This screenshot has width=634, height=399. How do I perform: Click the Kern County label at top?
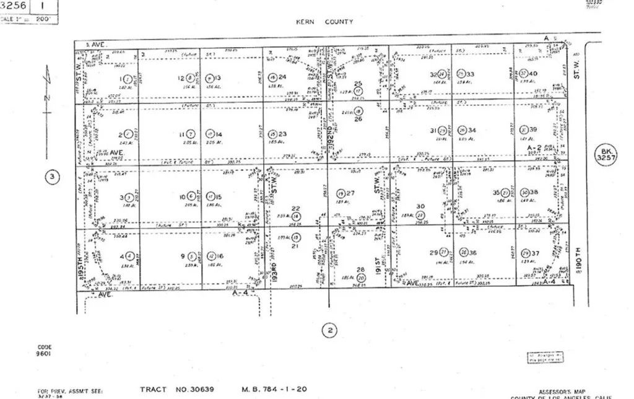pyautogui.click(x=324, y=22)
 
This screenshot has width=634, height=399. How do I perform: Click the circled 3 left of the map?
pyautogui.click(x=53, y=178)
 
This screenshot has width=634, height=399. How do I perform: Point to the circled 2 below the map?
pyautogui.click(x=331, y=331)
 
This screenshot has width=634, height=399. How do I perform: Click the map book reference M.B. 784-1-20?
pyautogui.click(x=274, y=390)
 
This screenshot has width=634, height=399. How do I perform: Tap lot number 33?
pyautogui.click(x=471, y=74)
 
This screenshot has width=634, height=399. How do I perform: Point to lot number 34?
pyautogui.click(x=472, y=131)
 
